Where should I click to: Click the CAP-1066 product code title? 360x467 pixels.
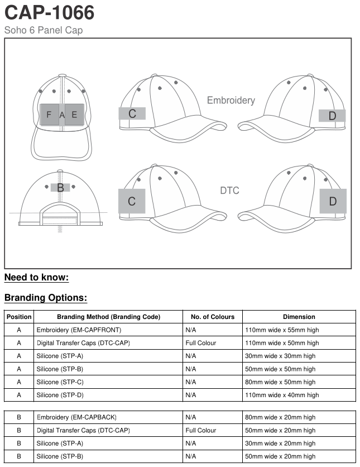point(50,12)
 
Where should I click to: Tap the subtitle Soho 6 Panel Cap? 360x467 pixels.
point(44,30)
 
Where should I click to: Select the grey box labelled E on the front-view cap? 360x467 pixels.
point(74,115)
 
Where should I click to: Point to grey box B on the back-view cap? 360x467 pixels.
point(60,188)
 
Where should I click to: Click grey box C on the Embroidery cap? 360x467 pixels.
point(132,113)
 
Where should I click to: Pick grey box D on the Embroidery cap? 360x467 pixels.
point(332,116)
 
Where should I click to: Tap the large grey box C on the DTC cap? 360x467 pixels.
point(132,201)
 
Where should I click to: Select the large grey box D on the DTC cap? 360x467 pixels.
point(333,201)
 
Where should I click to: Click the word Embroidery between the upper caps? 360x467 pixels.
point(231,101)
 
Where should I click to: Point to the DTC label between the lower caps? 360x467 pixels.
point(229,190)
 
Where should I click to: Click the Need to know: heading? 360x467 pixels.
point(36,278)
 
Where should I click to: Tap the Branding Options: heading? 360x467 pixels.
point(46,298)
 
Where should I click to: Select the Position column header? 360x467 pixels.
point(19,317)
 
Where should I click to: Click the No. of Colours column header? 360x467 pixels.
point(213,317)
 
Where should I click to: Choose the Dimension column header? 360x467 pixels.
point(299,317)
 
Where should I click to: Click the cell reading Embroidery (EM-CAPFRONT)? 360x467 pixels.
point(79,330)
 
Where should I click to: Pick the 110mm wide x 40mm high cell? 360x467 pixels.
point(282,395)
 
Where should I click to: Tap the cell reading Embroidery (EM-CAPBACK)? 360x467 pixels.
point(76,417)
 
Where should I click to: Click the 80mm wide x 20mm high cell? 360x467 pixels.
point(280,417)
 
